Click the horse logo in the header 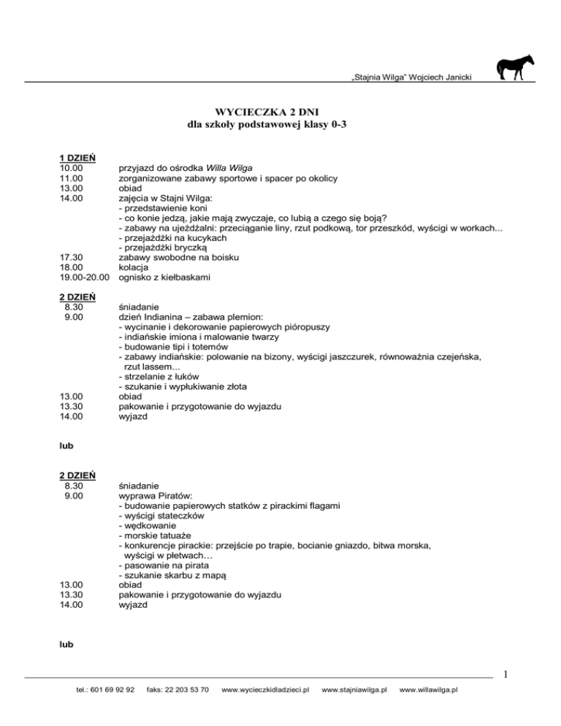[515, 68]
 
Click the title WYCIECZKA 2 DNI [280, 111]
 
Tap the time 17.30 [72, 258]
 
